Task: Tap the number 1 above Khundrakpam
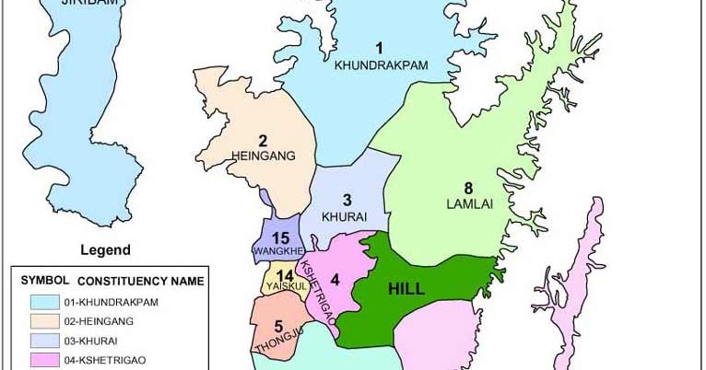tap(378, 48)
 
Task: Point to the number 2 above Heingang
tap(263, 141)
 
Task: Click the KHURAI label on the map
tap(346, 216)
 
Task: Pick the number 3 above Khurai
tap(347, 200)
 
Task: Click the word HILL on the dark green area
tap(406, 288)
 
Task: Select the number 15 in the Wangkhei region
tap(281, 237)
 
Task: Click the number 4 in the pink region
tap(335, 280)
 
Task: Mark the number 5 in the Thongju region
tap(277, 326)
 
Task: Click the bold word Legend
tap(105, 249)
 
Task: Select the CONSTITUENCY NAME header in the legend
tap(141, 280)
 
